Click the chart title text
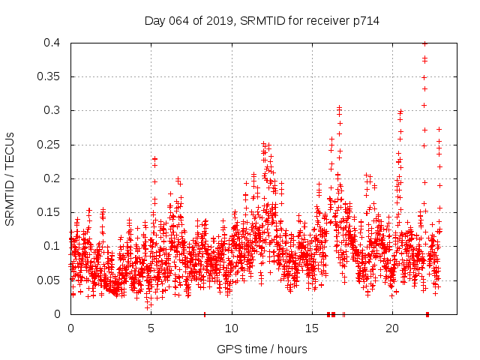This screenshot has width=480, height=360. click(x=262, y=21)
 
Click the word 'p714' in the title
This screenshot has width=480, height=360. click(x=365, y=21)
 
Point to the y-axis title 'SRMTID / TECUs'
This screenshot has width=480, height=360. click(x=10, y=178)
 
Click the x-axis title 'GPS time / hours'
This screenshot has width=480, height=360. click(x=262, y=349)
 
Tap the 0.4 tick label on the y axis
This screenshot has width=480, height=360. click(x=52, y=43)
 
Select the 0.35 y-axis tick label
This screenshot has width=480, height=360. click(x=49, y=76)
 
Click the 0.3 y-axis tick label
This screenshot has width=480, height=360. click(x=52, y=110)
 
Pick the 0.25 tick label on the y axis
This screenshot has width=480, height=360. click(x=49, y=145)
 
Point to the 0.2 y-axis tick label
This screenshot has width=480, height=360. click(x=52, y=178)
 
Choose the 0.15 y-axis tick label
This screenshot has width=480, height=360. click(x=49, y=212)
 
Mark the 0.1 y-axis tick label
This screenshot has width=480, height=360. click(x=52, y=246)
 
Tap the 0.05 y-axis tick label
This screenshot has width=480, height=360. click(x=49, y=280)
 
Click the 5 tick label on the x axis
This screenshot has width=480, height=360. click(x=151, y=328)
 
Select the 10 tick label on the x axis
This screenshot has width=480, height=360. click(x=232, y=328)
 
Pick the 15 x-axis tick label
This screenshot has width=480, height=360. click(x=312, y=328)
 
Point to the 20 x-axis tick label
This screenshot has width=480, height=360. click(x=392, y=328)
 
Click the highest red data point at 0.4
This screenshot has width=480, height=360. click(x=425, y=43)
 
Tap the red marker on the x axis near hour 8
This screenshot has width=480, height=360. click(x=205, y=313)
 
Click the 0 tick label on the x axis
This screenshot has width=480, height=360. click(x=70, y=328)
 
